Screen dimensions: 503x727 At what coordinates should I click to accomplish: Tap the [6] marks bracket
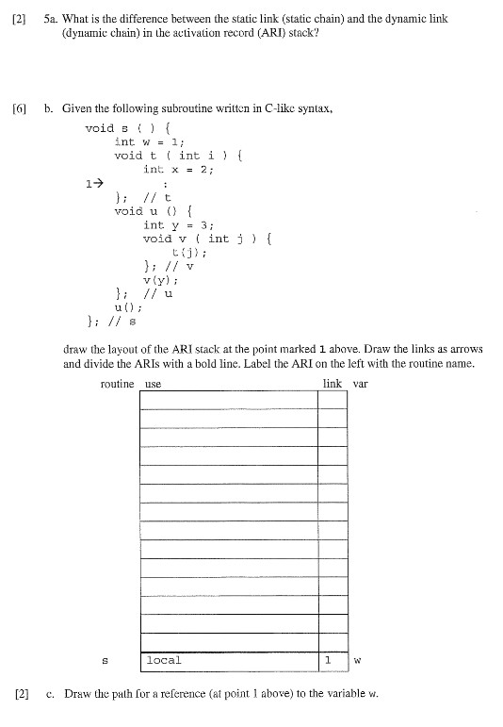pos(20,108)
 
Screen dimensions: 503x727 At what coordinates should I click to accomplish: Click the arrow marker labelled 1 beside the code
pos(92,183)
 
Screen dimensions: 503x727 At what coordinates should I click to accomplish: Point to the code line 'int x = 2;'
pos(178,169)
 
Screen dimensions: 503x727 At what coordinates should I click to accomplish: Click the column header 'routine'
pos(117,384)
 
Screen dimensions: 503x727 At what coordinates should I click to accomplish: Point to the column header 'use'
pos(154,385)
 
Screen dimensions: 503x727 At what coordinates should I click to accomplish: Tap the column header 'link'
pos(333,384)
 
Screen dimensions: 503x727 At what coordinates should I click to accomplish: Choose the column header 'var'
pos(361,384)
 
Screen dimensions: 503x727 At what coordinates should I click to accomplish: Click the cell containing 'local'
pos(164,660)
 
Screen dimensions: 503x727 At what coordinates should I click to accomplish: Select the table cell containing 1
pos(327,660)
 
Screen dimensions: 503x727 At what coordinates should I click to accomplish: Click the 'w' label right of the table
pos(358,661)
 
